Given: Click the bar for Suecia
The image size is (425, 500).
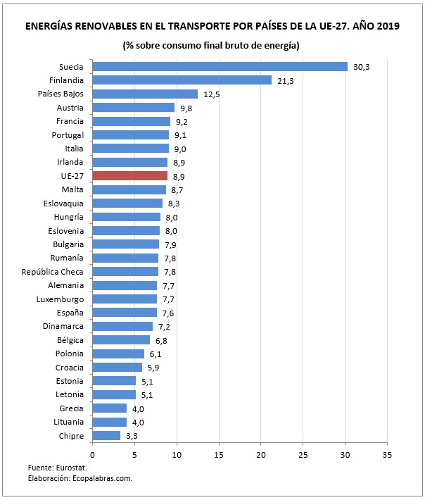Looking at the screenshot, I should (x=220, y=67).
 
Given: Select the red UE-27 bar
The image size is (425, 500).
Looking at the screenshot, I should (x=129, y=176).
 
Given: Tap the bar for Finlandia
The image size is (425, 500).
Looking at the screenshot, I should (x=182, y=80).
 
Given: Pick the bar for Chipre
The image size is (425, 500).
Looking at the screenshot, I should (x=106, y=435).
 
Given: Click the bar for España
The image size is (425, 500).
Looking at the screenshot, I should (x=125, y=313).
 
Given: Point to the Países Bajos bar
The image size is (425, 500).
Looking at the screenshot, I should (x=145, y=94).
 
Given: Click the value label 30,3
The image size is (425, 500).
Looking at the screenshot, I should (x=361, y=67).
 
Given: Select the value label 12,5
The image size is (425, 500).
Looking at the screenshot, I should (x=210, y=94).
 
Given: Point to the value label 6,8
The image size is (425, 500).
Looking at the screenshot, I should (x=163, y=340).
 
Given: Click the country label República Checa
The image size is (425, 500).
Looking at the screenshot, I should (x=53, y=272).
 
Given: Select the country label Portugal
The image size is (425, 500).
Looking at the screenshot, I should (x=68, y=135).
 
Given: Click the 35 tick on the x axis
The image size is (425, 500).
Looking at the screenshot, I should (x=387, y=454).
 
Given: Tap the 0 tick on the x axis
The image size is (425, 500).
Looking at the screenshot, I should (x=92, y=454).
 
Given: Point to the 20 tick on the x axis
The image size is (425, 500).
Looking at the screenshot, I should (x=261, y=454).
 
